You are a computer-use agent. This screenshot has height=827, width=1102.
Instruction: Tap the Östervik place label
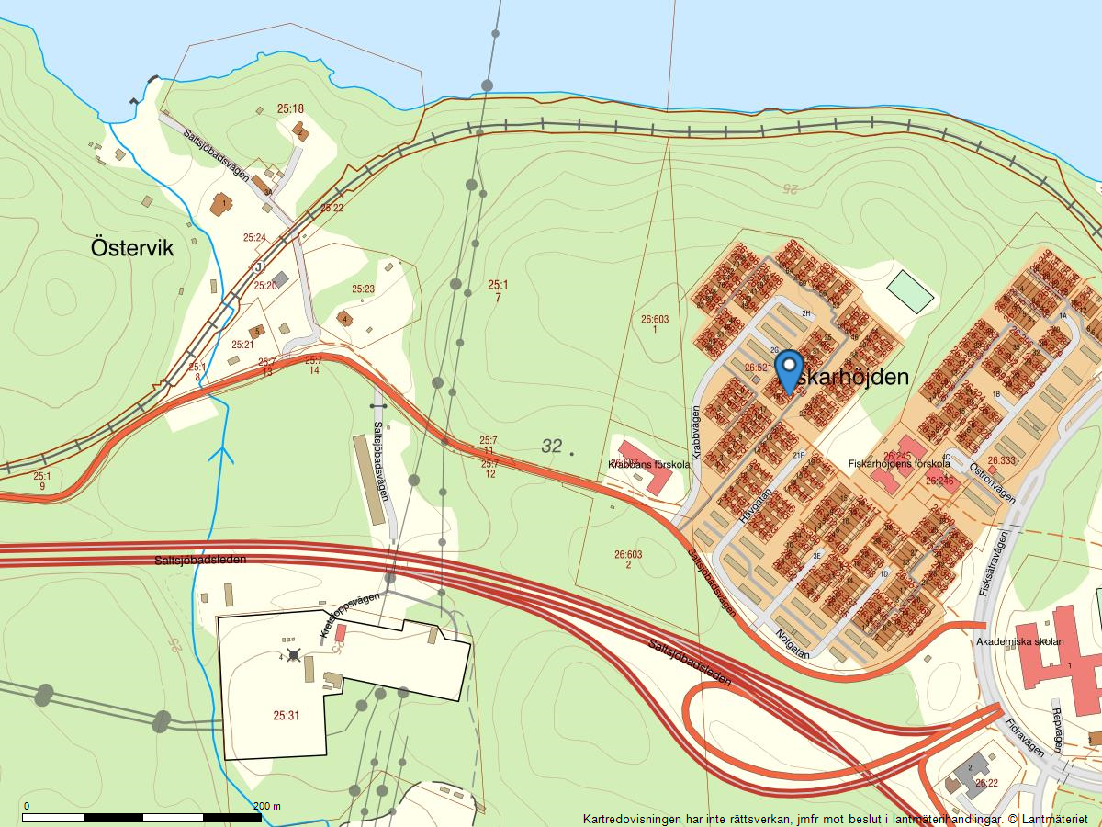[x=132, y=248]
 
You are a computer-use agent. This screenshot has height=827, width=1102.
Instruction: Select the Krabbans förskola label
[x=648, y=465]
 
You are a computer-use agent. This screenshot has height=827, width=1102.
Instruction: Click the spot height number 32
[x=551, y=447]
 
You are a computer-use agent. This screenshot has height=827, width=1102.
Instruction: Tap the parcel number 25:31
[x=287, y=715]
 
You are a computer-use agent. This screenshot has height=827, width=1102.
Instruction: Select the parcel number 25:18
[x=290, y=108]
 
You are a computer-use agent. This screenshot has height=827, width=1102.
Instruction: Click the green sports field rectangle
[x=910, y=291]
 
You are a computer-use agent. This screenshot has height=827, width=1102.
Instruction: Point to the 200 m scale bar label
[x=266, y=806]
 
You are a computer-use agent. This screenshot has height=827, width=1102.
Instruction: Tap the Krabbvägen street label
[x=696, y=432]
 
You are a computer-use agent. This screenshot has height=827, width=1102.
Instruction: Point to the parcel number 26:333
[x=1002, y=460]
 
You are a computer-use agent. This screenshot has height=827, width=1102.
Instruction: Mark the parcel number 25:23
[x=364, y=289]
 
